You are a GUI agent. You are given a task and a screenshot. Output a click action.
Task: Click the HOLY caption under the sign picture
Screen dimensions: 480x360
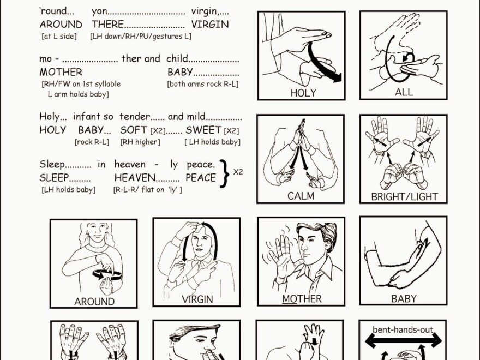tap(303, 93)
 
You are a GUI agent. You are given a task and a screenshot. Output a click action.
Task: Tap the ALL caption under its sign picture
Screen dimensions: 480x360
tap(404, 92)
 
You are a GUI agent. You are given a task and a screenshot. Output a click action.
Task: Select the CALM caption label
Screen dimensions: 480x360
tap(301, 196)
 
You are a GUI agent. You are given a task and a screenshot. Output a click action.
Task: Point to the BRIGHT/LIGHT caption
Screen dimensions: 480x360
tap(404, 196)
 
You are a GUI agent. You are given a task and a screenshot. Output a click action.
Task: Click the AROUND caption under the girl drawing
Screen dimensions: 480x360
tap(94, 302)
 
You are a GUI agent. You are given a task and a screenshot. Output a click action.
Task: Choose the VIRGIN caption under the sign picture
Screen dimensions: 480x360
tap(197, 299)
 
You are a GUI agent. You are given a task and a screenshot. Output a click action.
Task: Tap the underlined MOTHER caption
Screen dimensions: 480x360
tap(302, 299)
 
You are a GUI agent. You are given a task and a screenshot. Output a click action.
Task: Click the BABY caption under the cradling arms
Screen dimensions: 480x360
tap(404, 298)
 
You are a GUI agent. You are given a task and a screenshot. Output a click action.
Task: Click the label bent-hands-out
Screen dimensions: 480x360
tap(403, 329)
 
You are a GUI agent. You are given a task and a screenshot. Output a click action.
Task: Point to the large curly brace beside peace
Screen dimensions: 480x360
tap(225, 173)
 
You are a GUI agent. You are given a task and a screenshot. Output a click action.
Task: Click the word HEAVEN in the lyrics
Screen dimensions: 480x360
tap(135, 178)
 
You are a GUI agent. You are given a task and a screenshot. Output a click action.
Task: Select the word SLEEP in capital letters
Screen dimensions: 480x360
tap(54, 178)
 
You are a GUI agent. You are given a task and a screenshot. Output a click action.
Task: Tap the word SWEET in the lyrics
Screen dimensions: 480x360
tap(203, 130)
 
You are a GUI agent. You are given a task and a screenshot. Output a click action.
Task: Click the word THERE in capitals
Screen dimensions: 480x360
tap(108, 24)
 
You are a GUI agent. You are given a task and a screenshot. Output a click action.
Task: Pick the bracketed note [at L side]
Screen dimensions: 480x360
tap(59, 37)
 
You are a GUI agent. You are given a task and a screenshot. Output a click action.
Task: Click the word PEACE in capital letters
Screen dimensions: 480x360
tap(201, 178)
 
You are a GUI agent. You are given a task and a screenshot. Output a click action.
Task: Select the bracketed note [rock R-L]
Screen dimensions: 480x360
tap(92, 142)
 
